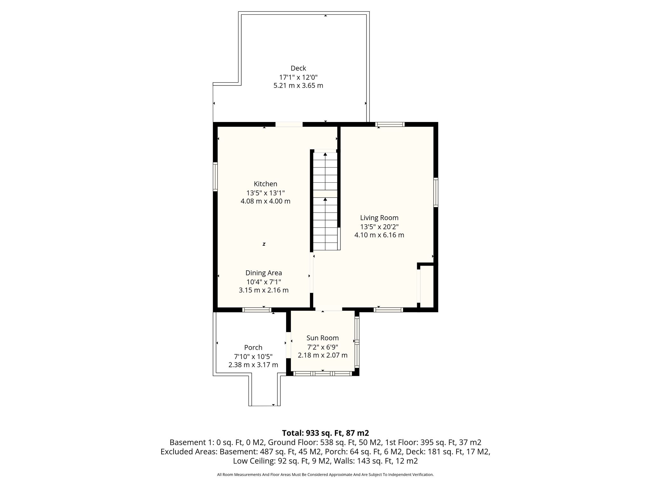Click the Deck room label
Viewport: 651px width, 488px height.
[x=298, y=68]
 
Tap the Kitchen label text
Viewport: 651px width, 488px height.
[x=265, y=184]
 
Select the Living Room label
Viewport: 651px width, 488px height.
[x=379, y=218]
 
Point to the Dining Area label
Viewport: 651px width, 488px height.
[x=264, y=273]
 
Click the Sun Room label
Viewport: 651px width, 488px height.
[x=323, y=338]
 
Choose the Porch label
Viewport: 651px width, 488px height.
[x=253, y=348]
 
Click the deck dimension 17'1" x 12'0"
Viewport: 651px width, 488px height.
[x=298, y=77]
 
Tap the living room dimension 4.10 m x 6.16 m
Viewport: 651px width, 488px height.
[x=379, y=235]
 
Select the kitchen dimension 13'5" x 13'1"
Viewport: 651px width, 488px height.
[x=265, y=193]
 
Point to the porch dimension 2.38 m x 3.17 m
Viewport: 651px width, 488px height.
[x=253, y=365]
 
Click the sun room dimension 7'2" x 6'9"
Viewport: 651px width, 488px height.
[x=323, y=347]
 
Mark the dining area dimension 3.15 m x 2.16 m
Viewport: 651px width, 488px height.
[x=264, y=290]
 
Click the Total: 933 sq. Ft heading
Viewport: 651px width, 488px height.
[x=325, y=433]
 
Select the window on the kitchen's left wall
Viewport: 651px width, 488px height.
[x=215, y=177]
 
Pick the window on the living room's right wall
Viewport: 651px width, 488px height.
[x=436, y=193]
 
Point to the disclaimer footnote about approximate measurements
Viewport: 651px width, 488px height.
[x=325, y=475]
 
